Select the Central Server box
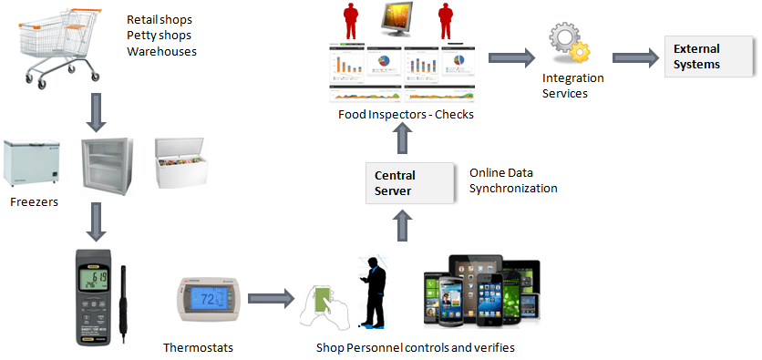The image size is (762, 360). (x=409, y=182)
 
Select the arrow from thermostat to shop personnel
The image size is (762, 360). (x=271, y=298)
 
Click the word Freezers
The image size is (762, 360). (x=35, y=201)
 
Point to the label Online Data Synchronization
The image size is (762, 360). (x=513, y=180)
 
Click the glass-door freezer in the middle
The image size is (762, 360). (x=108, y=164)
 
